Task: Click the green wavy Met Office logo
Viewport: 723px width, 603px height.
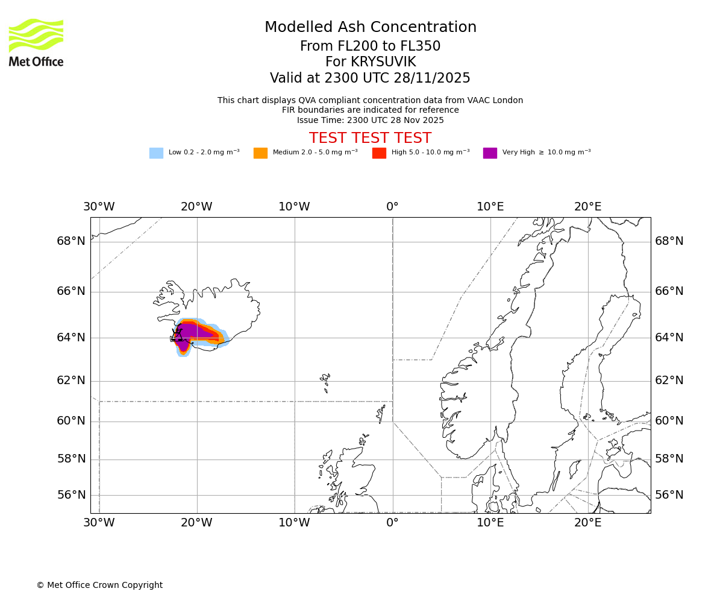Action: tap(36, 35)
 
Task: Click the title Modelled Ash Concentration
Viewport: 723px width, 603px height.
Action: tap(371, 28)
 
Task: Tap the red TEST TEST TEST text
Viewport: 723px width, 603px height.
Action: tap(370, 139)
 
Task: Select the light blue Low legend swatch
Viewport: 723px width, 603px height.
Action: tap(156, 153)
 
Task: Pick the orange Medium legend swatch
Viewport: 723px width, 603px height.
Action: tap(260, 153)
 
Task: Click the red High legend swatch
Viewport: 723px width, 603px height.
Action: tap(379, 153)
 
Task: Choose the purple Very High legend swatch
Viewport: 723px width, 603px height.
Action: tap(490, 153)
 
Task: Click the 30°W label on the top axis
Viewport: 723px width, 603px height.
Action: tap(99, 207)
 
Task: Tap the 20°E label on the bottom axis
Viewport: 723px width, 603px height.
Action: tap(587, 523)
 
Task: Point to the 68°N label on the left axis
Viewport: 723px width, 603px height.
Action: tap(71, 241)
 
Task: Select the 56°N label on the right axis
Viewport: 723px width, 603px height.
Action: tap(669, 495)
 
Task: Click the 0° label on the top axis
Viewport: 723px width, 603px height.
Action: tap(392, 207)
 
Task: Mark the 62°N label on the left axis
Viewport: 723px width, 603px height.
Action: tap(71, 380)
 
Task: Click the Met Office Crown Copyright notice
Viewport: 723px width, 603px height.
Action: tap(99, 586)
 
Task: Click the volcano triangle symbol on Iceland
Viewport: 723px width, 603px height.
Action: tap(177, 335)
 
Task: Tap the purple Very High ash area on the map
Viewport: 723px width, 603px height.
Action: tap(193, 332)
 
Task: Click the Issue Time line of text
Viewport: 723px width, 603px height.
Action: tap(370, 121)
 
